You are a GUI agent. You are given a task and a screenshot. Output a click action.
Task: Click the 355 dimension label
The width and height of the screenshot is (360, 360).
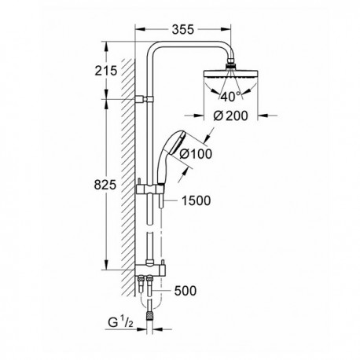click(183, 30)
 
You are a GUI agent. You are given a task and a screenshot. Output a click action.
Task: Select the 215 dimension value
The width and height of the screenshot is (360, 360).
click(106, 71)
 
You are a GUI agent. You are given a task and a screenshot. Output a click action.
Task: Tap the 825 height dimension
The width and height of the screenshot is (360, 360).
click(105, 185)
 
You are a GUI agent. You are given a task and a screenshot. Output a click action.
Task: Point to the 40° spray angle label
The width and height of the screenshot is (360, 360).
click(230, 97)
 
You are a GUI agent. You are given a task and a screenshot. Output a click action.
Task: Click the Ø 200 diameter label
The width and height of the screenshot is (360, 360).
click(230, 116)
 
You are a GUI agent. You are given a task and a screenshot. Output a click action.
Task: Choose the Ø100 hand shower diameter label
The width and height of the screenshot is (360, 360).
click(196, 154)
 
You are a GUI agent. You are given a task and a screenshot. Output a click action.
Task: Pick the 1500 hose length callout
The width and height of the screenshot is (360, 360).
click(196, 200)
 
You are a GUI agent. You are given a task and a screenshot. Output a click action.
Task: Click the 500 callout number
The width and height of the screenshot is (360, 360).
click(186, 291)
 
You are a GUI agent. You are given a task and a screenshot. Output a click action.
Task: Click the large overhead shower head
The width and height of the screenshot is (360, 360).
click(230, 75)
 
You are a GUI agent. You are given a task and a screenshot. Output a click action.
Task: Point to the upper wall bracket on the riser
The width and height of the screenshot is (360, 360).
click(145, 99)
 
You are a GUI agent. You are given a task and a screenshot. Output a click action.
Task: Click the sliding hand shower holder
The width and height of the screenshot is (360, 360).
click(150, 189)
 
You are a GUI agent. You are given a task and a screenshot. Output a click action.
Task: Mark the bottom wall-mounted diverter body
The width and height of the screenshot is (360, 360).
click(150, 270)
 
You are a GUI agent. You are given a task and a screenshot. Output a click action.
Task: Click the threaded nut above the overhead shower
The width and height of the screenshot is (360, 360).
click(230, 65)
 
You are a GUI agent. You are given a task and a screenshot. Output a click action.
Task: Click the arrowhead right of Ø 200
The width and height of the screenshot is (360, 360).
click(263, 116)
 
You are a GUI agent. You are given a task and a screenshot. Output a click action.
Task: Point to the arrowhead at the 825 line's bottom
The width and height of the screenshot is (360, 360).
click(106, 264)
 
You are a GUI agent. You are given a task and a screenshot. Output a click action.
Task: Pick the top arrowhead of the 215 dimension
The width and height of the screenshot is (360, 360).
click(106, 46)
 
